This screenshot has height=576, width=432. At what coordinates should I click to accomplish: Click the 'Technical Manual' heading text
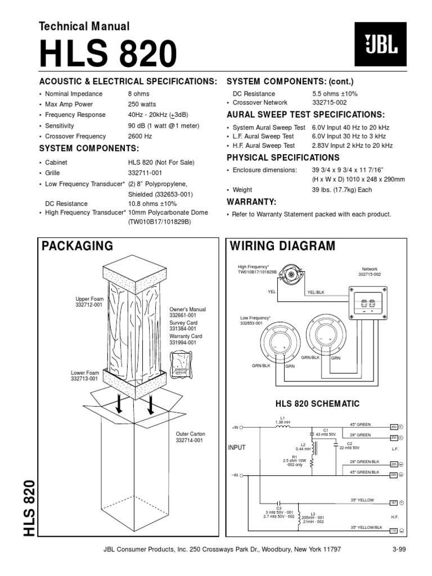click(84, 26)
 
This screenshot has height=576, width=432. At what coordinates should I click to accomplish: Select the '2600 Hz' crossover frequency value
click(140, 136)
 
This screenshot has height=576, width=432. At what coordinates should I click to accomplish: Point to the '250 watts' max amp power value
click(143, 104)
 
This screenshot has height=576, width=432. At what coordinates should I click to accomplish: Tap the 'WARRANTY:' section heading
click(251, 201)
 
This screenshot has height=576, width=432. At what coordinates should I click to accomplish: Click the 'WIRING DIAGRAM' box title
click(283, 246)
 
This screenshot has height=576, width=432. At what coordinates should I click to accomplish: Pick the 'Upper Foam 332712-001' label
click(89, 301)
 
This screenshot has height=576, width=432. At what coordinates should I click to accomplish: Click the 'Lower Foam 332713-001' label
click(84, 375)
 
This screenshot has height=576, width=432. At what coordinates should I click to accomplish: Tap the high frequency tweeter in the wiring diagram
click(292, 274)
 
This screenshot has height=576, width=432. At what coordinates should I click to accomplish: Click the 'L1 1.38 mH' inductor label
click(283, 419)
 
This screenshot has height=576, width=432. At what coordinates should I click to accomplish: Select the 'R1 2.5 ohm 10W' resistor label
click(293, 461)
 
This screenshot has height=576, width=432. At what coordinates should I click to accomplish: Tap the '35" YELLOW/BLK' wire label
click(366, 527)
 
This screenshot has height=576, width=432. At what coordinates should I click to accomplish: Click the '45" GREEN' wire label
click(361, 424)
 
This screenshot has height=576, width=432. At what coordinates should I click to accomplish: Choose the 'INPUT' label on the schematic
click(237, 448)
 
